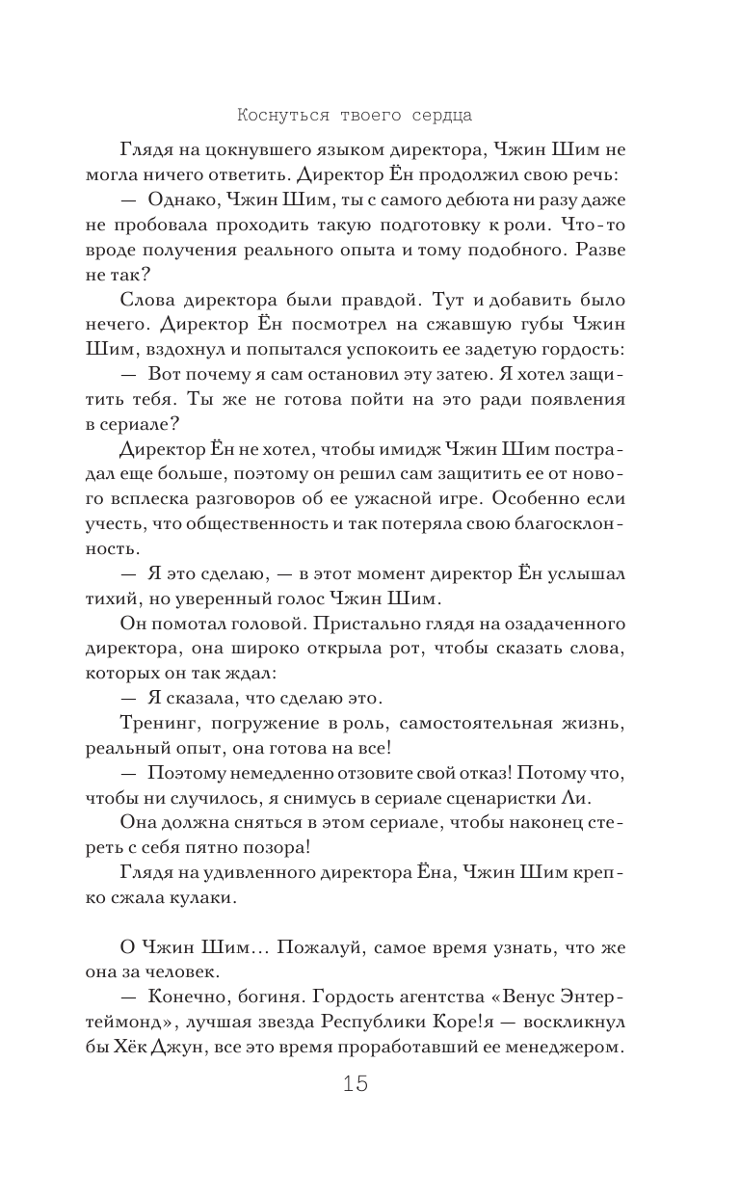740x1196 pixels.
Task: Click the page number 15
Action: point(355,1084)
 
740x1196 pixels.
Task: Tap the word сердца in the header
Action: point(437,116)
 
